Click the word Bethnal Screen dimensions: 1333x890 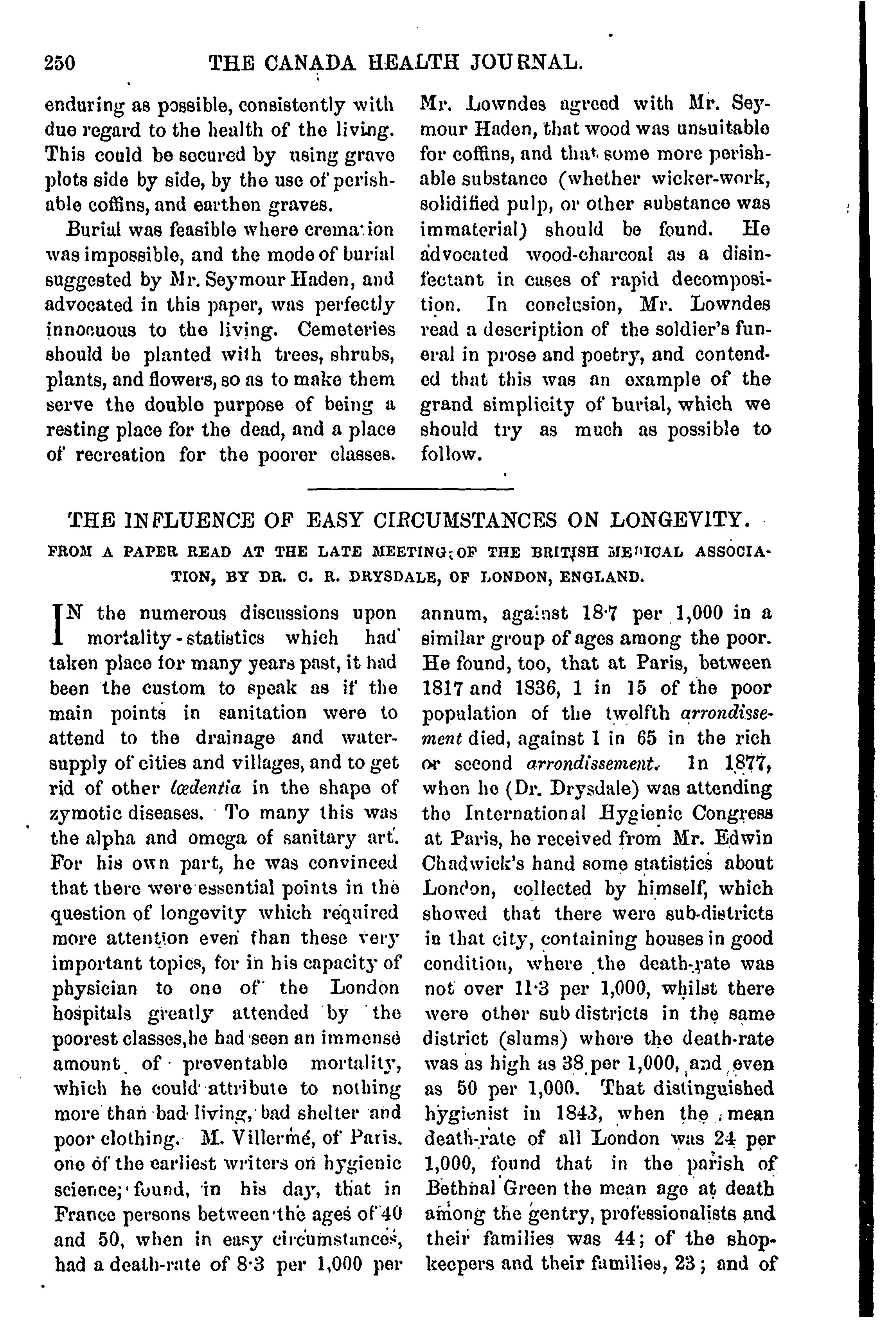[460, 1188]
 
